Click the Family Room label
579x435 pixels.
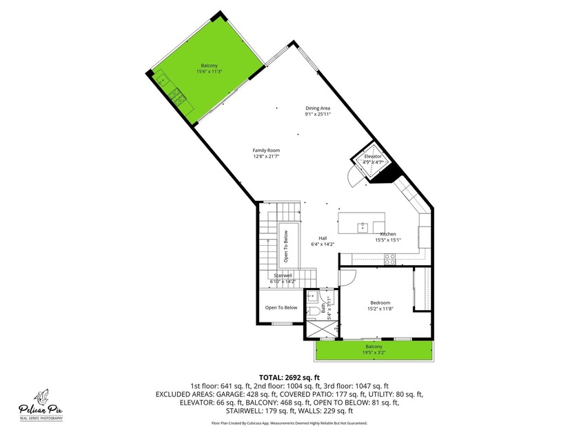click(266, 150)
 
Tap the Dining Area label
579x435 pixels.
click(318, 108)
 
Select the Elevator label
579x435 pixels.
click(373, 157)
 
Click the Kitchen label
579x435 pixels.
click(387, 234)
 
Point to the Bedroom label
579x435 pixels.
click(380, 302)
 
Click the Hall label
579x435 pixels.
click(322, 238)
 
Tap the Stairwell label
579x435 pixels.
click(283, 275)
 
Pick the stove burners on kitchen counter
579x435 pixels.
click(389, 260)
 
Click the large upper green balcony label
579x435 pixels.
click(201, 66)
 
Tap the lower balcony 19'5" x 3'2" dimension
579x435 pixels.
click(374, 352)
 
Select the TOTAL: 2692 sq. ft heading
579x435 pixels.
click(289, 377)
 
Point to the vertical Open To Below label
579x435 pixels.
click(286, 246)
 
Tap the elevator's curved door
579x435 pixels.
click(352, 178)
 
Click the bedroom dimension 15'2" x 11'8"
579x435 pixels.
click(380, 309)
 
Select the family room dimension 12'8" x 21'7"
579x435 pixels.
click(266, 157)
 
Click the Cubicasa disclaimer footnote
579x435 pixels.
click(289, 423)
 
